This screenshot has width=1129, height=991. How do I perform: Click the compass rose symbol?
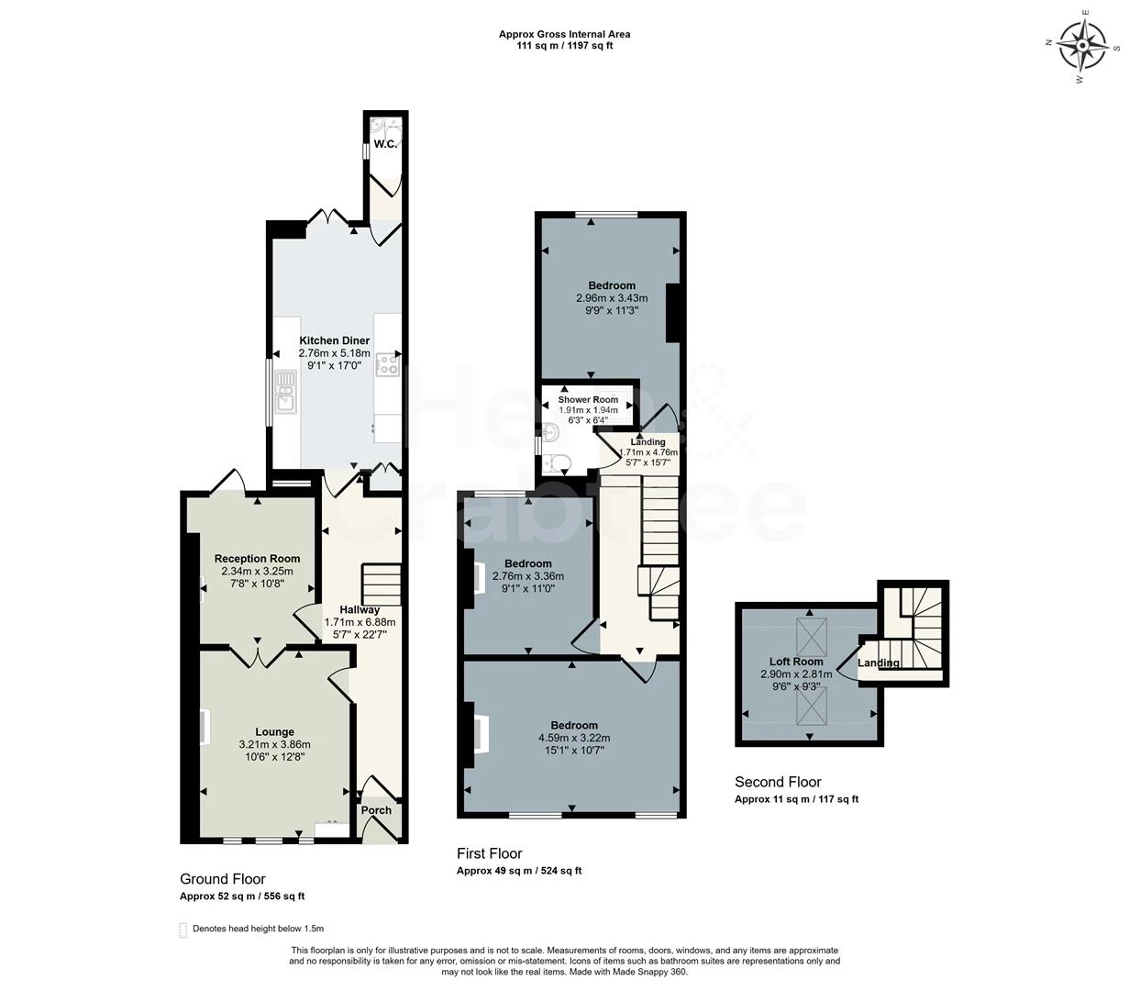(x=1083, y=44)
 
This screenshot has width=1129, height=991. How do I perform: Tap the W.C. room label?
(x=386, y=144)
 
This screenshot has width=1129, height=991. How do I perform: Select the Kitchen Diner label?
(x=335, y=340)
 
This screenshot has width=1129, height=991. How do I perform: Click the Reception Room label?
(x=257, y=559)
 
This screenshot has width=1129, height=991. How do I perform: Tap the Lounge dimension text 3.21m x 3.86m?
(x=275, y=744)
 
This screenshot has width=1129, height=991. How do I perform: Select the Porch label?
(x=376, y=810)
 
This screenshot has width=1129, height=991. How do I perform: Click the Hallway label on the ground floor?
(x=360, y=610)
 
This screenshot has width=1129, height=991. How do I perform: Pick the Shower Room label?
(x=588, y=400)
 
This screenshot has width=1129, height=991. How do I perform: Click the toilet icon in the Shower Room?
(x=556, y=462)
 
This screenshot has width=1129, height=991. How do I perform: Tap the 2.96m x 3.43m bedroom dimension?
(x=612, y=298)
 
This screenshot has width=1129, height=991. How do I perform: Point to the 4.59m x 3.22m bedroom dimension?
(x=574, y=737)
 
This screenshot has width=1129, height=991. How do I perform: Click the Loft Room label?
(x=796, y=662)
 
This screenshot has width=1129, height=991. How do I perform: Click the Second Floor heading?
(x=778, y=782)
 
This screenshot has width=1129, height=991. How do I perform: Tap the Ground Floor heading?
(x=223, y=879)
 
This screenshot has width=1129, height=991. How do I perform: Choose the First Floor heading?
(x=494, y=853)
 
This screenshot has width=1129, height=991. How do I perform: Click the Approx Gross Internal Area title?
(x=564, y=34)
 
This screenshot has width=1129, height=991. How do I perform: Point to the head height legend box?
(x=183, y=929)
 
